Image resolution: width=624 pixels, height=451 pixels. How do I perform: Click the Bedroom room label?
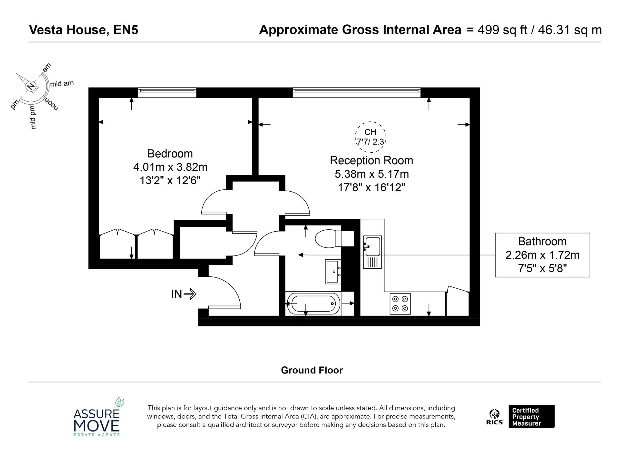[x=170, y=154]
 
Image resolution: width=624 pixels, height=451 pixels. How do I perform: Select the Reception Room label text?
[x=371, y=160]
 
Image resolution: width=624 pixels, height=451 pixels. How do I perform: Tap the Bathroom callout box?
[x=542, y=255]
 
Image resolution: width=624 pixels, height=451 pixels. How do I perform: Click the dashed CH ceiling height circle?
[x=370, y=122]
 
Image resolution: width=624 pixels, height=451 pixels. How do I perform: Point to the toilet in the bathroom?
[x=334, y=239]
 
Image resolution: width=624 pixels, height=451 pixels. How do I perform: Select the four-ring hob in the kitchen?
[x=400, y=304]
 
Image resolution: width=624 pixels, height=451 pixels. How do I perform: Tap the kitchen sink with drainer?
[x=372, y=252]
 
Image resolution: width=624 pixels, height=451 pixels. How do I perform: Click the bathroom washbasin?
[x=333, y=271]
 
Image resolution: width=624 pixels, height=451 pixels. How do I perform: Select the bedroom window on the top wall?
[x=167, y=93]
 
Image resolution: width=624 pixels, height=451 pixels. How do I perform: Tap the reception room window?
[x=356, y=93]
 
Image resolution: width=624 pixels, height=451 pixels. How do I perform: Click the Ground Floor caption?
[x=312, y=370]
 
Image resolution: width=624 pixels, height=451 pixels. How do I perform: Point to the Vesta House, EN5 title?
[x=84, y=30]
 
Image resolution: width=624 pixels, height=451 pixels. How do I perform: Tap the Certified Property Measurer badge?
[x=531, y=416]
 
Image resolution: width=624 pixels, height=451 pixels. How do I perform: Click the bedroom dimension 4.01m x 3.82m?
[x=170, y=167]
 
